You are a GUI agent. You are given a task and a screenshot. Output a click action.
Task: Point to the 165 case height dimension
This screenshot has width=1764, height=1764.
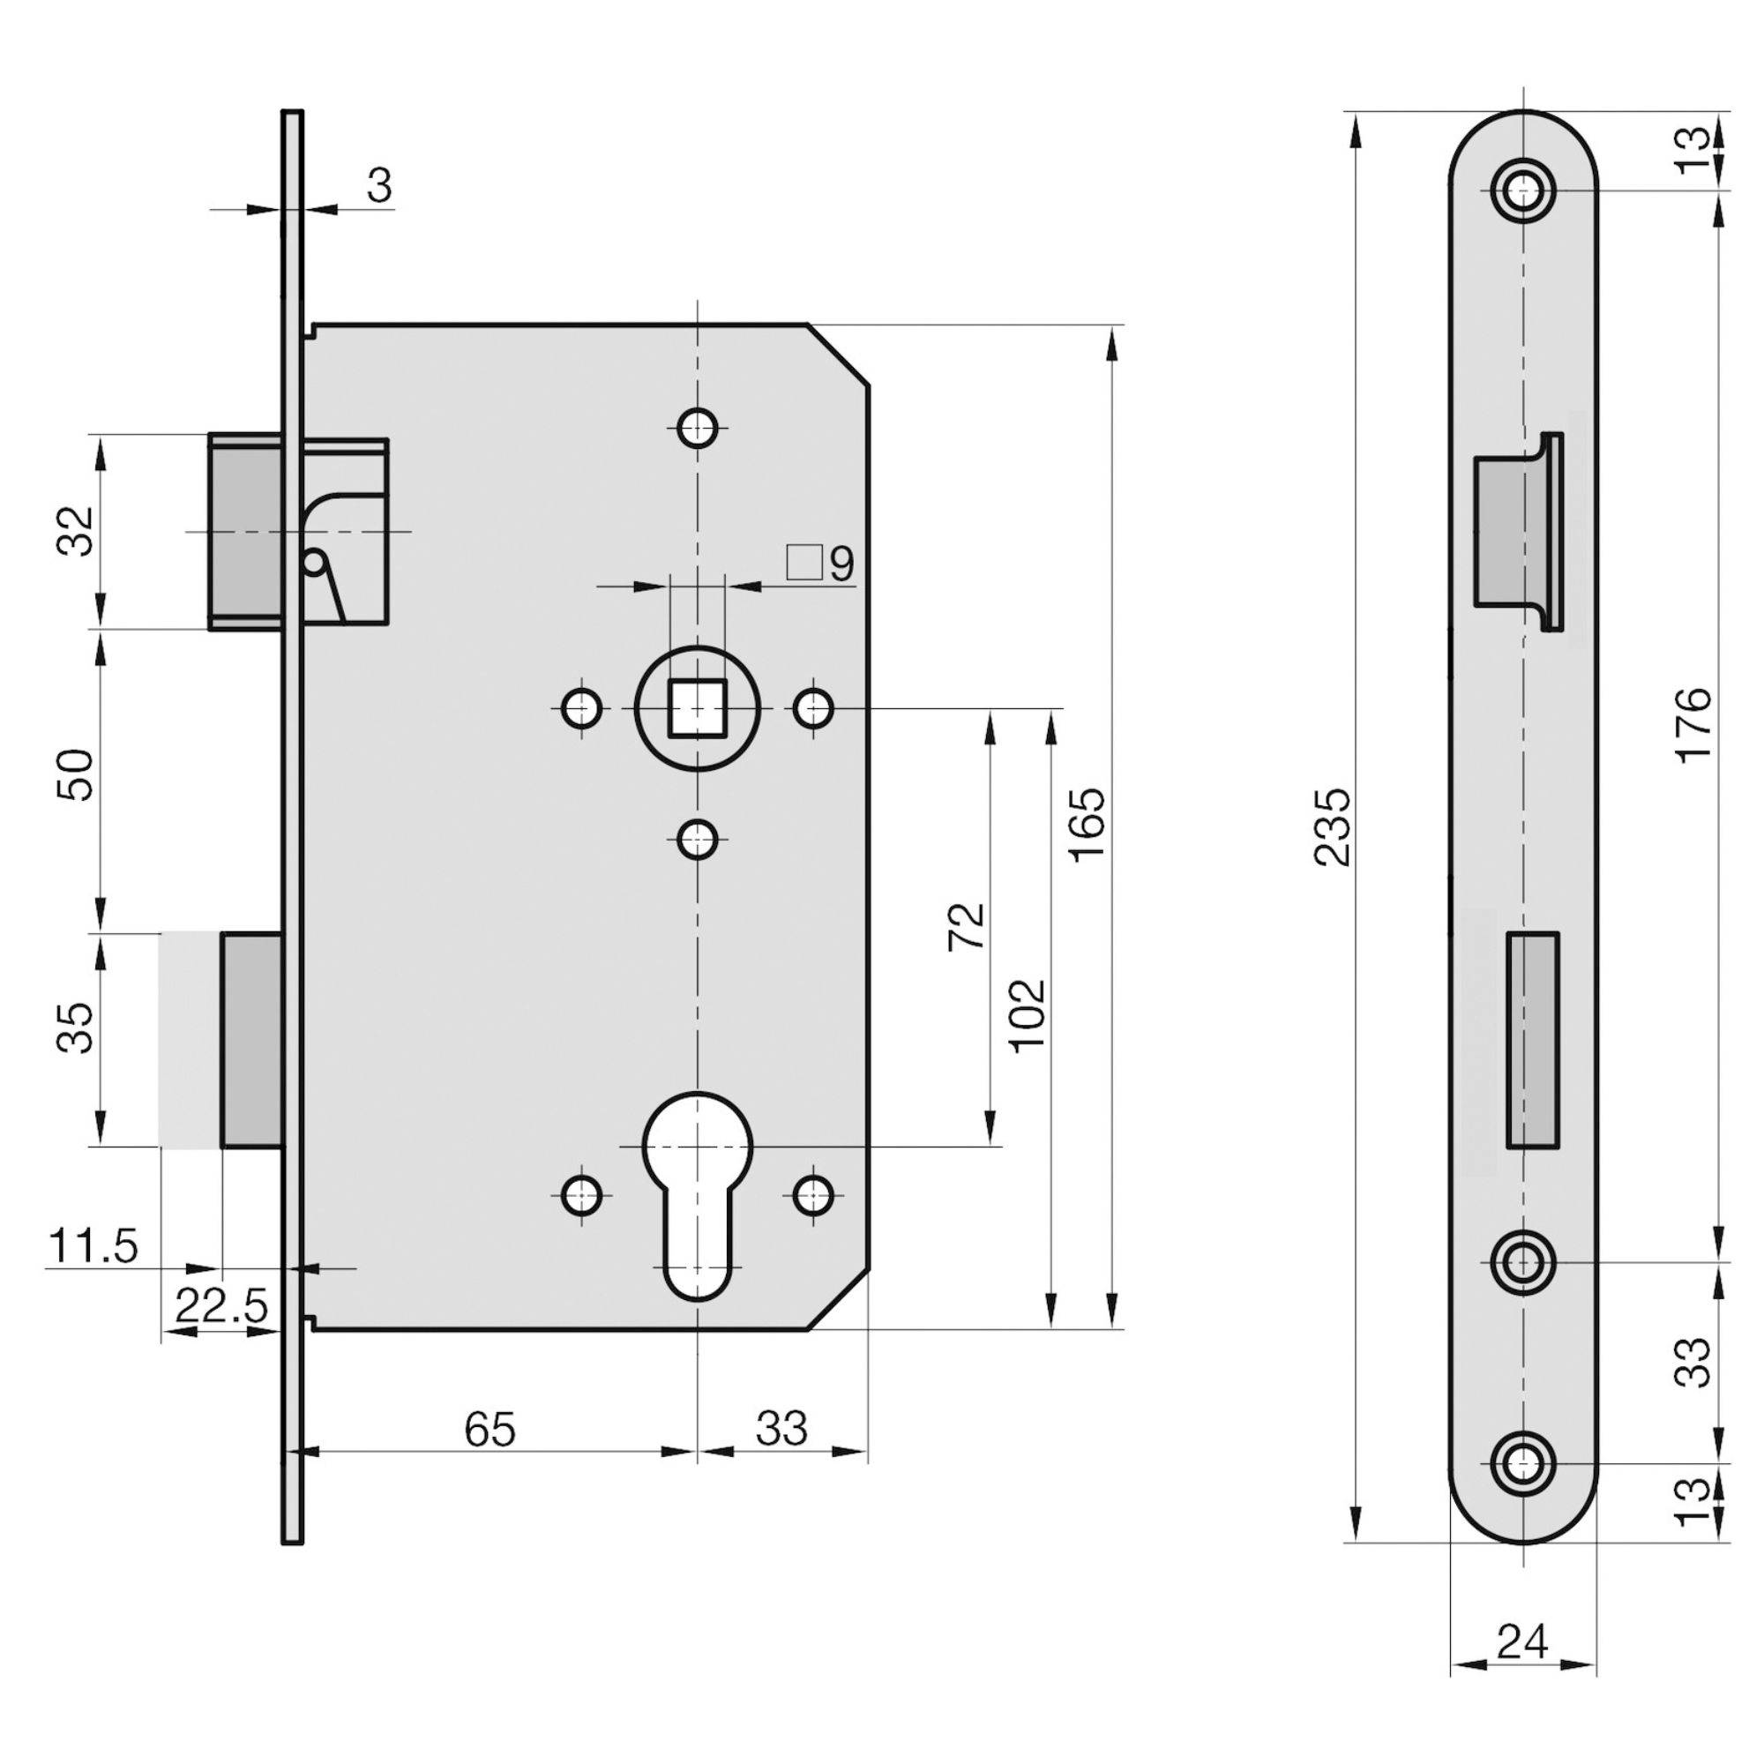1089,824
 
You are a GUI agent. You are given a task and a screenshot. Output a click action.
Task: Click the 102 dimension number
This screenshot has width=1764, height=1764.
1029,1015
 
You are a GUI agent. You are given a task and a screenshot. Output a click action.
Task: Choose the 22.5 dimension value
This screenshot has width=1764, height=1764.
221,1307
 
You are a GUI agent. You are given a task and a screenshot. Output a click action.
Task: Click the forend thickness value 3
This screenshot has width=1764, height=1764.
380,186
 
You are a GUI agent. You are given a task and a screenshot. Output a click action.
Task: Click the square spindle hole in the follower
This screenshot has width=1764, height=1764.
698,707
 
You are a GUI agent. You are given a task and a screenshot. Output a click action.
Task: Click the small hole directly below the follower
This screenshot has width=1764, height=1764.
699,838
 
